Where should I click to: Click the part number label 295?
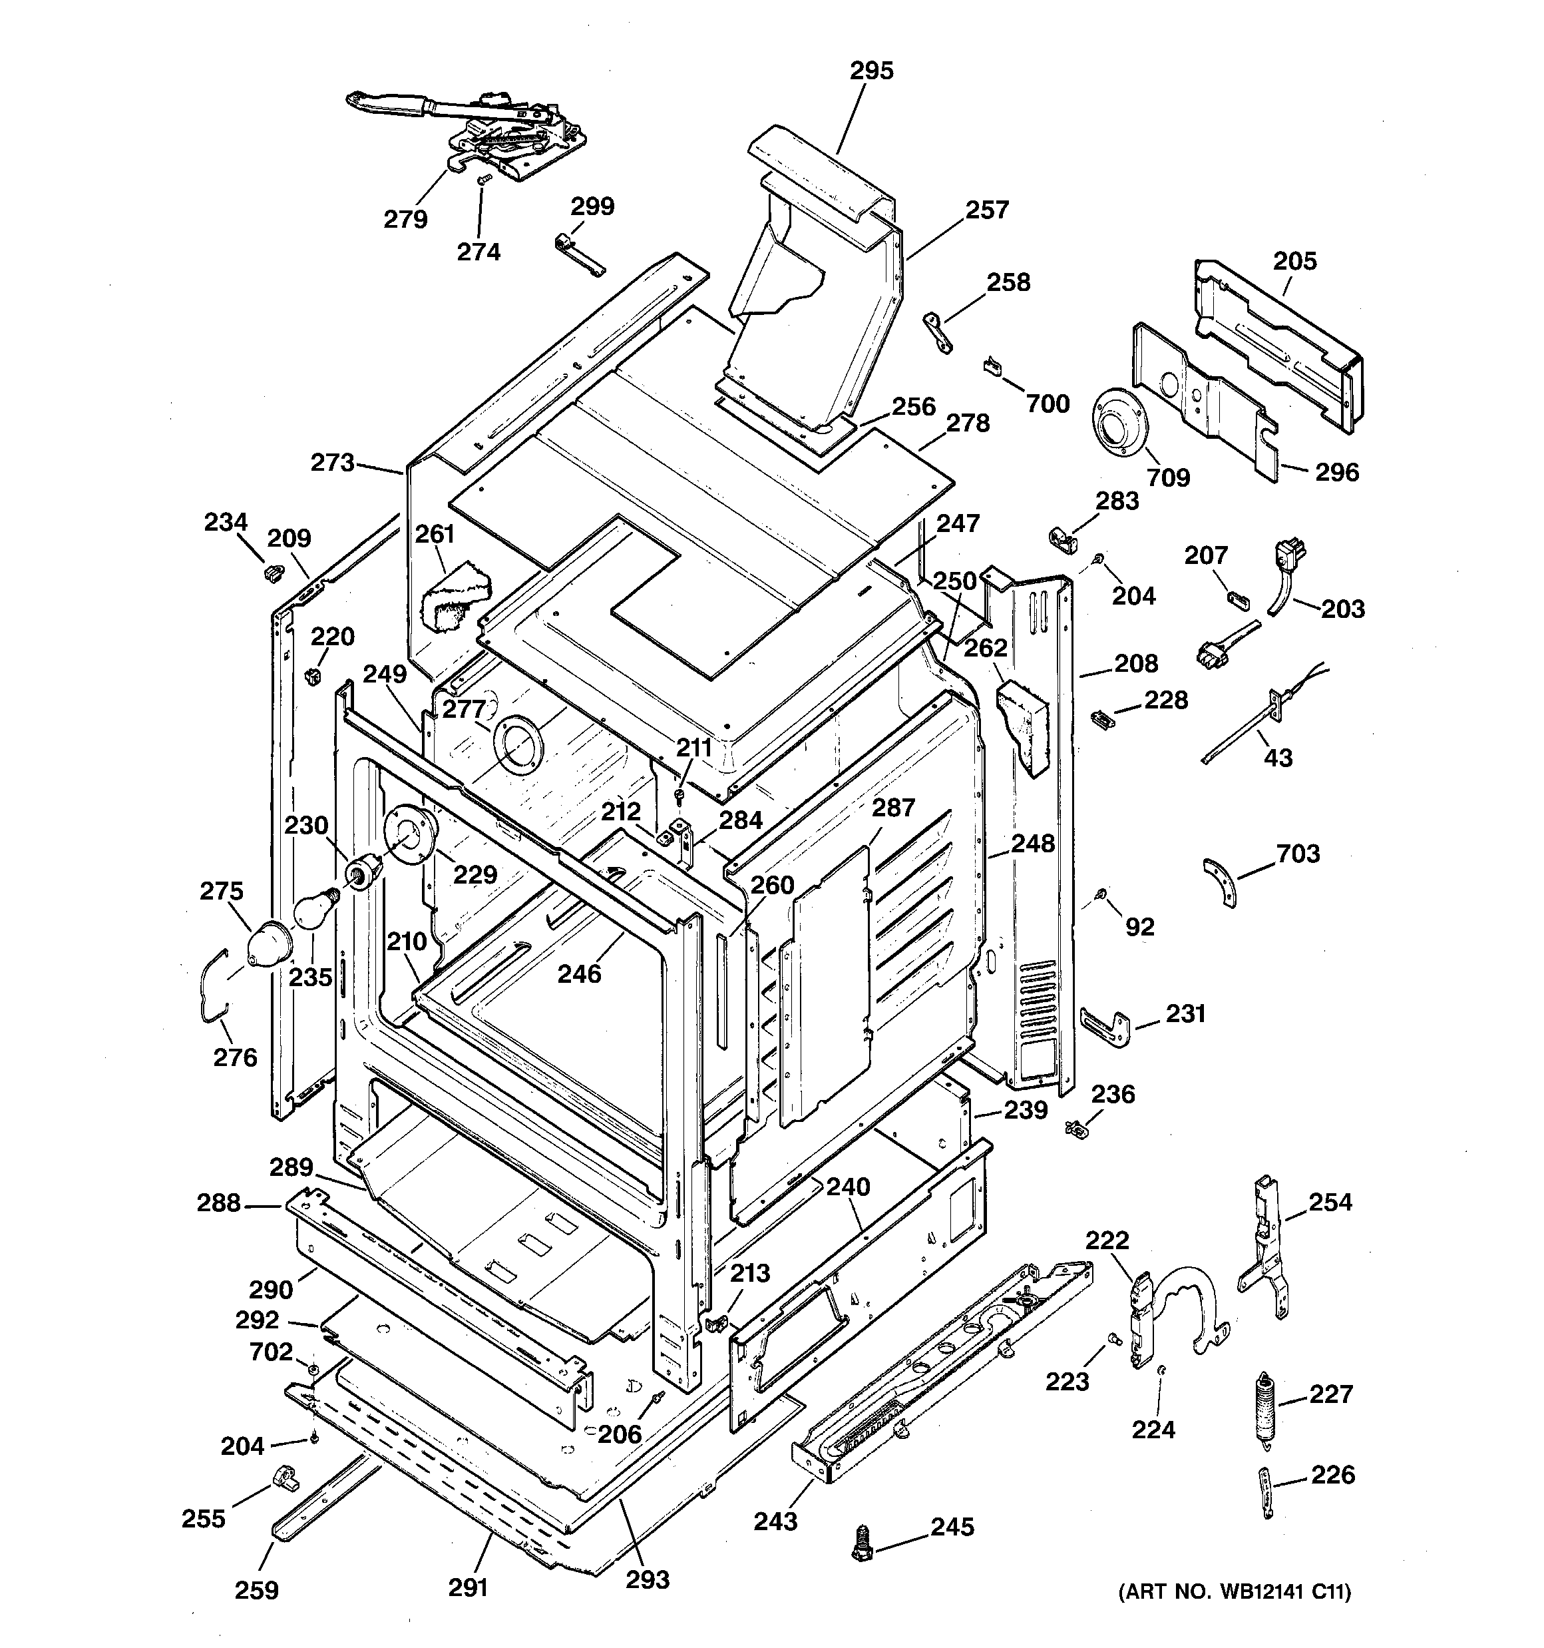(x=872, y=71)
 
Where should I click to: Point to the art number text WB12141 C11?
(x=1235, y=1591)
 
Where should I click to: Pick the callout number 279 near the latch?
(x=405, y=219)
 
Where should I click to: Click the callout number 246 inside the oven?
(x=578, y=973)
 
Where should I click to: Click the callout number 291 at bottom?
(x=469, y=1587)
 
